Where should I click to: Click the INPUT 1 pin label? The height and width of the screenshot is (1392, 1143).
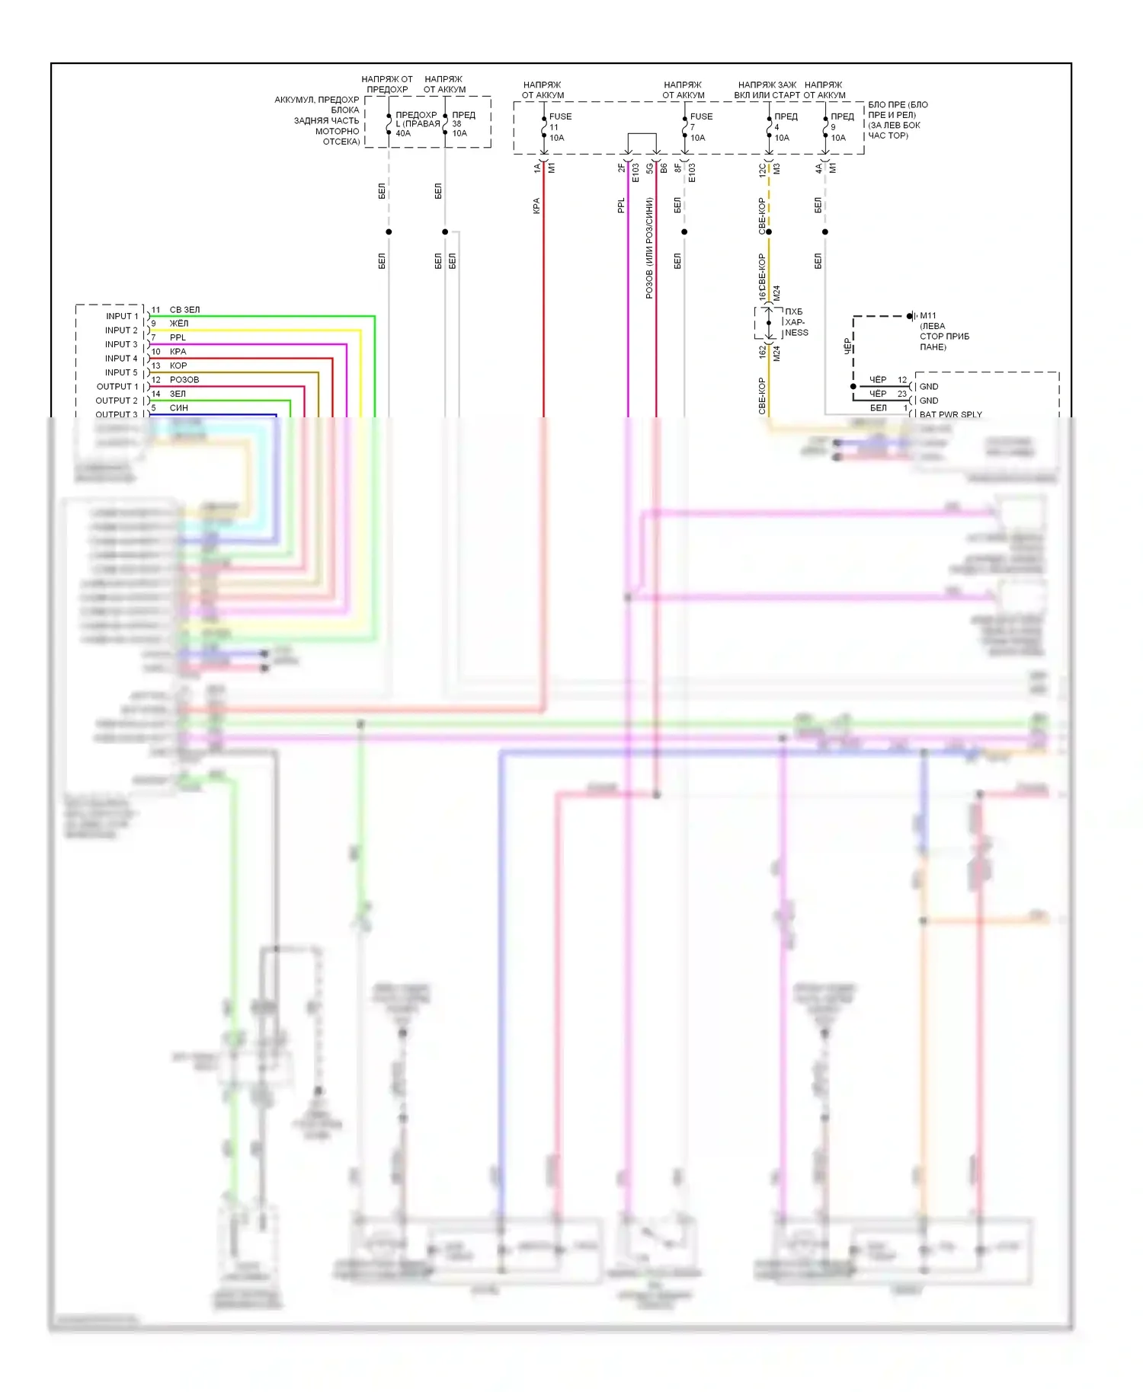[x=122, y=316]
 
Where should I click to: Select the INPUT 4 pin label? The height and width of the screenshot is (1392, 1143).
[x=121, y=358]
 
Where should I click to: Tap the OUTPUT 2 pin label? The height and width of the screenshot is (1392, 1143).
[x=117, y=401]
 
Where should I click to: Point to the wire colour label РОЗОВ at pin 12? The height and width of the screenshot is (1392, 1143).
[x=184, y=379]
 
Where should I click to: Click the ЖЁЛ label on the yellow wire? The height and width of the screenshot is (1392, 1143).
[x=179, y=323]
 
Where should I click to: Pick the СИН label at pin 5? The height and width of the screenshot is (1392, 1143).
[x=179, y=407]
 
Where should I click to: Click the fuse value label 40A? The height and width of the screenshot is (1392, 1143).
[x=403, y=133]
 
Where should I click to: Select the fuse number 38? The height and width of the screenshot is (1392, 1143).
[x=456, y=123]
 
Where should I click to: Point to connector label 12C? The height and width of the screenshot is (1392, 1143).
[x=762, y=169]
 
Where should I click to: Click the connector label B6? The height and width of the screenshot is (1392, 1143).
[x=664, y=168]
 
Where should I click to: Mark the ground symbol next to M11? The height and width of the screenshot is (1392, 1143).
[x=911, y=315]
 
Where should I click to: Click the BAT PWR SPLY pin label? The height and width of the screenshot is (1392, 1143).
[x=950, y=414]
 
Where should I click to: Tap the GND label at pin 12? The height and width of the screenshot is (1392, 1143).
[x=929, y=386]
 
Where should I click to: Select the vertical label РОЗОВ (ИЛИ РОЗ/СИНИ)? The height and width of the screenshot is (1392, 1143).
[x=649, y=247]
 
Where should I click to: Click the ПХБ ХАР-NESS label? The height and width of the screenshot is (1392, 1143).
[x=796, y=322]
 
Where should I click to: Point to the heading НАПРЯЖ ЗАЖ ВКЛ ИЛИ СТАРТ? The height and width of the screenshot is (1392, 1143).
[x=767, y=90]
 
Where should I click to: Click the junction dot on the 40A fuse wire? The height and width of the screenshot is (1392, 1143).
[x=389, y=231]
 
